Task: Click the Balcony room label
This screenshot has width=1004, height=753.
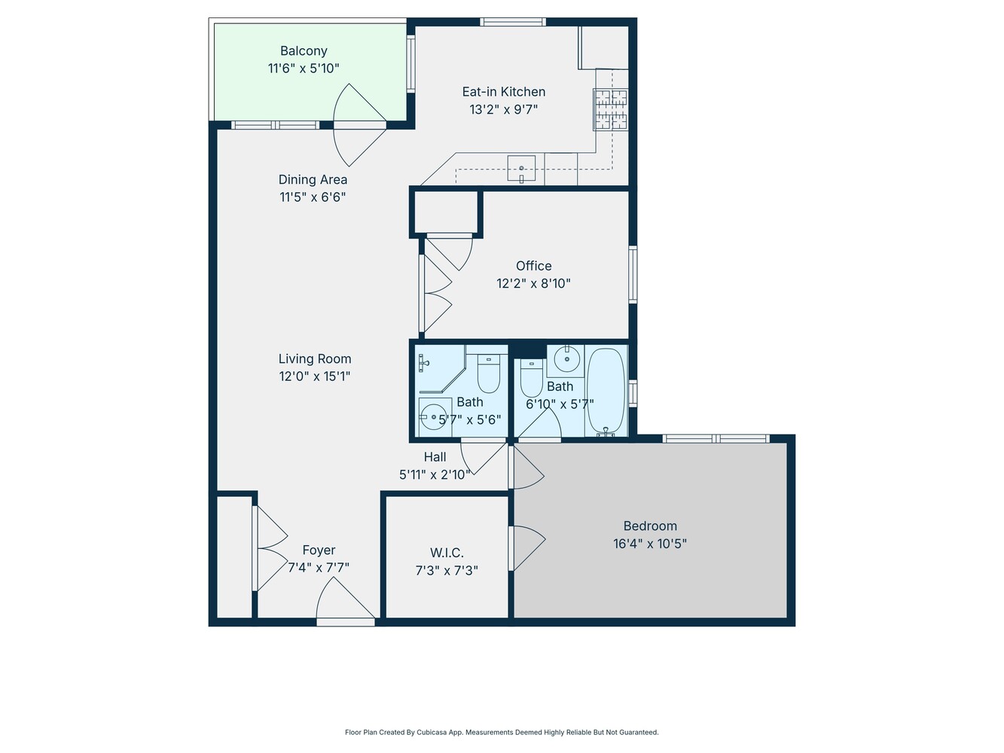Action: (304, 51)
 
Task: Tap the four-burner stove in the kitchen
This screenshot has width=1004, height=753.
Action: (610, 110)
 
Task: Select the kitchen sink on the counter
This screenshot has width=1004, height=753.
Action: (521, 169)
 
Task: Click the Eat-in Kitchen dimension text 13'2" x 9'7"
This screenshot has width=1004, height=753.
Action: (503, 109)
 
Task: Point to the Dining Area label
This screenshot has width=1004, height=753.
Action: (313, 179)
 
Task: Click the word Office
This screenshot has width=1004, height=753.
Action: (533, 266)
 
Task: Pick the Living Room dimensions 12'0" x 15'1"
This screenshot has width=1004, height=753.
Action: (315, 376)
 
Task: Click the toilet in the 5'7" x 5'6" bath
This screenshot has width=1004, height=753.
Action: (489, 373)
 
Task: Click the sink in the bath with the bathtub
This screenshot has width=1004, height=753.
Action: (565, 360)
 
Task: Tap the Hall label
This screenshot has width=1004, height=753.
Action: (435, 457)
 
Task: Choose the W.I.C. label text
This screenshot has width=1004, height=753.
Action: (447, 553)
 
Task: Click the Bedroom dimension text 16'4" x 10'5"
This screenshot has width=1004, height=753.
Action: (650, 544)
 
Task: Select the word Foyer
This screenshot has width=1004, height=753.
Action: (319, 550)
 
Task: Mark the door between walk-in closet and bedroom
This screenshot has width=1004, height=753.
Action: (527, 548)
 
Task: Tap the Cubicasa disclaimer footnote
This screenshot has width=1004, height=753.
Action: (502, 732)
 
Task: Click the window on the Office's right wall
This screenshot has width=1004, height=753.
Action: (633, 275)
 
